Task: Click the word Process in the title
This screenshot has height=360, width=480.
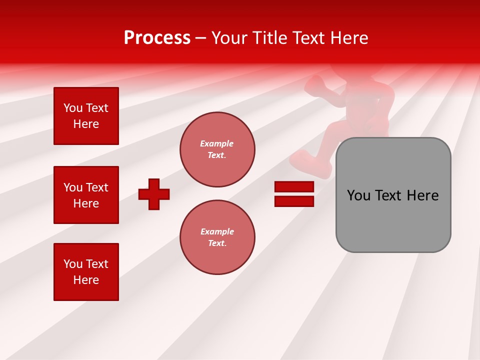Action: (x=157, y=38)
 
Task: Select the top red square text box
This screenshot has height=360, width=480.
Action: (x=86, y=116)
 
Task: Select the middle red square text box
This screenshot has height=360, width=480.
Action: (x=86, y=195)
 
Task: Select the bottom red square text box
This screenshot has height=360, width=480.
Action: (x=86, y=272)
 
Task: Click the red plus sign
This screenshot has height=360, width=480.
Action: (x=154, y=194)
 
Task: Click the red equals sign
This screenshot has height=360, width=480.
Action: (x=294, y=194)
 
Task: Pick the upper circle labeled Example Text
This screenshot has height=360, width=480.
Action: (x=217, y=149)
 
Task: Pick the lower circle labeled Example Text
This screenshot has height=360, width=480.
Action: (x=217, y=237)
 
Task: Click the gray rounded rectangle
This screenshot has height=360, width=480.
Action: (x=393, y=220)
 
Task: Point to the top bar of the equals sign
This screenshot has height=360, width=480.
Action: (x=294, y=187)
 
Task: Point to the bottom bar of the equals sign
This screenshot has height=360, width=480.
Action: (x=294, y=201)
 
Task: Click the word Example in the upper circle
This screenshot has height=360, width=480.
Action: (x=217, y=143)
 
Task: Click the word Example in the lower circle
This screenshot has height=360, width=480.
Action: (x=217, y=231)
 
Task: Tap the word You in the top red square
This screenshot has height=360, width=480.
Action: (x=73, y=108)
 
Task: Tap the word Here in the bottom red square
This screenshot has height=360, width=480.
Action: (x=86, y=280)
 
